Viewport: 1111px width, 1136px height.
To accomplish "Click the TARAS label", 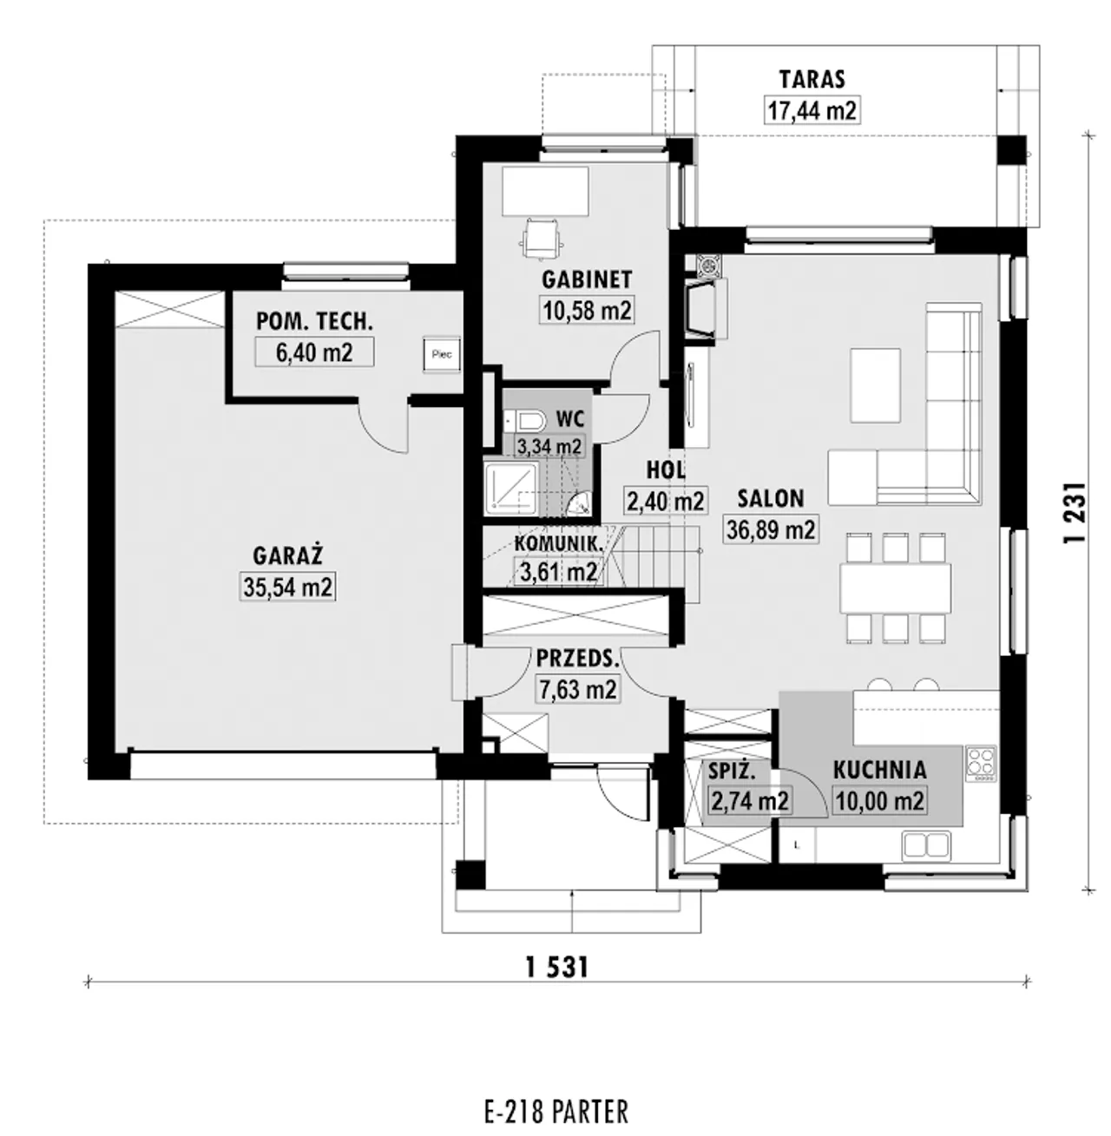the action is click(x=812, y=79).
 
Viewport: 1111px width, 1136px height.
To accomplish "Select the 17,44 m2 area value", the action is click(x=812, y=110).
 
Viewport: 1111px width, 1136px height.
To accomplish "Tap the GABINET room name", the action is click(x=587, y=279).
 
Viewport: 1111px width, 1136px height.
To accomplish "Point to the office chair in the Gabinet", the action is click(x=543, y=238).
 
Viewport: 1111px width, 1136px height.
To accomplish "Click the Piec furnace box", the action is click(x=442, y=354).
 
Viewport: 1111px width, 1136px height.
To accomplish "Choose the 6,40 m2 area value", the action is click(x=314, y=352).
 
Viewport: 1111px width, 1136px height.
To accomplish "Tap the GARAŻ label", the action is click(x=287, y=555).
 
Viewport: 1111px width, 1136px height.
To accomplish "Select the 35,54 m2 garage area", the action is click(x=287, y=587).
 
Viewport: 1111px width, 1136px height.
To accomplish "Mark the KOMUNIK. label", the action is click(x=558, y=543).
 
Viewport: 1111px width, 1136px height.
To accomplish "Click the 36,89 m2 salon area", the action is click(x=771, y=529).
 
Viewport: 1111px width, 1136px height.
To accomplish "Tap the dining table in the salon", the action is click(x=896, y=588).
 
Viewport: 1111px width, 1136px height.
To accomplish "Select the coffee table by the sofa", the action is click(x=875, y=385).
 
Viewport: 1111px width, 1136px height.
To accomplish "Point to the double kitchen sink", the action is click(x=925, y=846).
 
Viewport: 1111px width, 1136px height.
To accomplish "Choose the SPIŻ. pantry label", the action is click(x=732, y=772).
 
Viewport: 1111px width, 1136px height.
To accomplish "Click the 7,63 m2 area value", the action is click(x=578, y=689).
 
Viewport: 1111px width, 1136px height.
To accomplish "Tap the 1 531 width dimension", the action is click(x=557, y=968).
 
